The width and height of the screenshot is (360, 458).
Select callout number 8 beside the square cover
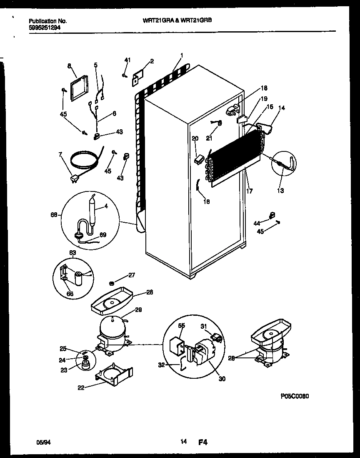coord(69,65)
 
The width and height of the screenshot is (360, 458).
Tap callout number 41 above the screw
coord(127,60)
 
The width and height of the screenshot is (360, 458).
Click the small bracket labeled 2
coord(137,78)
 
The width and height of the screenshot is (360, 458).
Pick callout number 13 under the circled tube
coord(280,191)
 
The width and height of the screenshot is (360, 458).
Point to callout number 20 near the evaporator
coord(195,138)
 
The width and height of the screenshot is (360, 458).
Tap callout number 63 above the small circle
coord(72,252)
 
